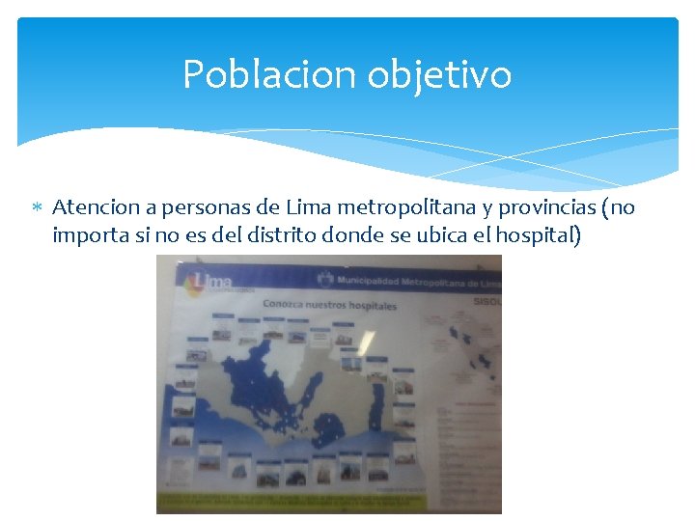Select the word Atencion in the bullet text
[92, 207]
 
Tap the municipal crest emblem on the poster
[326, 280]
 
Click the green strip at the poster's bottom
[290, 501]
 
